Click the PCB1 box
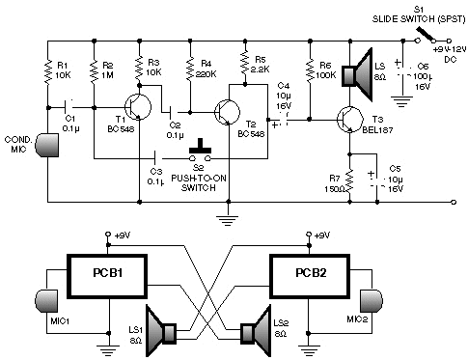[106, 277]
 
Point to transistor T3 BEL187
[347, 120]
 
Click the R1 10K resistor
[45, 69]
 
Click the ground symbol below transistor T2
[229, 218]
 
